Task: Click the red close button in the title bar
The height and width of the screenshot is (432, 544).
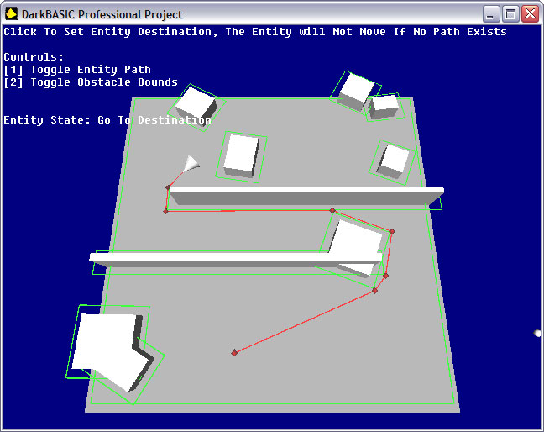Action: click(530, 14)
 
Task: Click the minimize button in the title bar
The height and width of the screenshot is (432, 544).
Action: click(490, 14)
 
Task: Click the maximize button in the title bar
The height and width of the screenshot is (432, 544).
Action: click(510, 14)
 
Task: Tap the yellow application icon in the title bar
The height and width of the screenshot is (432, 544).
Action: click(12, 14)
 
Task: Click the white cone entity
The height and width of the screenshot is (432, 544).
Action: click(191, 164)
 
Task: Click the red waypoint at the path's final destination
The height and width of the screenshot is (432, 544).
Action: click(234, 353)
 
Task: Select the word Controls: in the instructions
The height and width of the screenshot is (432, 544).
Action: click(34, 56)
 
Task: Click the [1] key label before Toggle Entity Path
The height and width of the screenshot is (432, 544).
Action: click(13, 70)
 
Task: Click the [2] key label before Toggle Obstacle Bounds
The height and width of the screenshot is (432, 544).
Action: click(13, 82)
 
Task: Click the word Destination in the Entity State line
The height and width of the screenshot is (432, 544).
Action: click(174, 120)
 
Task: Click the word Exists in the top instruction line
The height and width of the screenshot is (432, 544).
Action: click(486, 32)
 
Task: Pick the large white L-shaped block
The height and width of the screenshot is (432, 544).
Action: click(112, 350)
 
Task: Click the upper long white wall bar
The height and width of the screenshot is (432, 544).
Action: click(306, 195)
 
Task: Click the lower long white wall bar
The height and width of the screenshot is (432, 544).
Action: click(236, 260)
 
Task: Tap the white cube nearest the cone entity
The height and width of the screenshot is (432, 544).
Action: click(242, 155)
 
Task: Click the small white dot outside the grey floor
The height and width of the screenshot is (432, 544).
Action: click(537, 334)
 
